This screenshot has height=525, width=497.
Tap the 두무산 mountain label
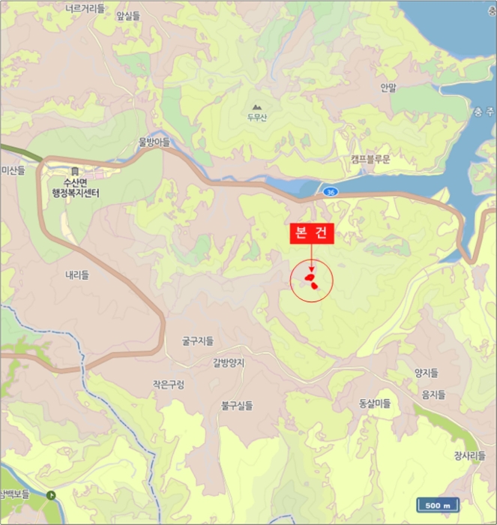(x=257, y=117)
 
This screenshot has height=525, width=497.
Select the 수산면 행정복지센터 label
(x=75, y=187)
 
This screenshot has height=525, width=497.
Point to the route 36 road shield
(x=330, y=193)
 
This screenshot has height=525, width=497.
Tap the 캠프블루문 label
(x=370, y=159)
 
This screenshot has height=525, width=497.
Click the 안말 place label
(x=388, y=88)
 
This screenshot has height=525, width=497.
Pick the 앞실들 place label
(x=128, y=15)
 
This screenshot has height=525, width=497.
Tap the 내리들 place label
(x=77, y=274)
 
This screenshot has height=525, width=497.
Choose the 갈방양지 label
(x=229, y=362)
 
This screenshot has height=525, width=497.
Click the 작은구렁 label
(x=168, y=384)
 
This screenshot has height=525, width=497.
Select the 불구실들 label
(x=237, y=406)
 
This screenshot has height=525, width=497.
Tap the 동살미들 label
(x=375, y=403)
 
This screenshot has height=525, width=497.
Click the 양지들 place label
(x=425, y=373)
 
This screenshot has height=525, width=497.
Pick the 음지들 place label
(x=433, y=394)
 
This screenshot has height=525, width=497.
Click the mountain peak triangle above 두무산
(x=257, y=106)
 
